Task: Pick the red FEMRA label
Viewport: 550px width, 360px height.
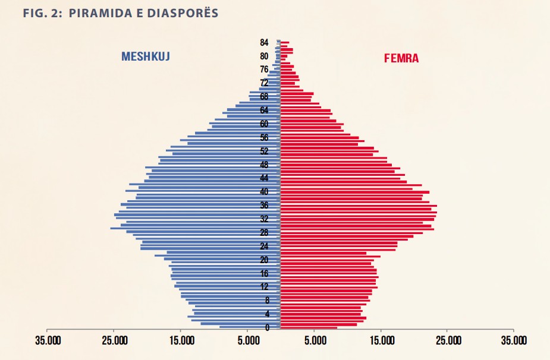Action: coord(401,59)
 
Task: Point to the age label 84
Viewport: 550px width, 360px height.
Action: coord(264,43)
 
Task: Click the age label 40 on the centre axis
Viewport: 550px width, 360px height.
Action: coord(264,192)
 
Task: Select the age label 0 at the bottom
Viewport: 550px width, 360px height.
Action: coord(267,328)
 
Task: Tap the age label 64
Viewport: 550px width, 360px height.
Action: coord(264,110)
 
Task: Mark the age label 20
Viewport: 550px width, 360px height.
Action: coord(264,260)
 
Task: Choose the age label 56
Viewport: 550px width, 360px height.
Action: coord(264,137)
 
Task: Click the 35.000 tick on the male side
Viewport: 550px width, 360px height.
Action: coord(48,340)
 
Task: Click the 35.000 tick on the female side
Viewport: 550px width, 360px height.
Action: coord(513,340)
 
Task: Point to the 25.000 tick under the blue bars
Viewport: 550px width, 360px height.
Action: coord(115,340)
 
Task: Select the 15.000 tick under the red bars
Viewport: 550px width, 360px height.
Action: coord(382,340)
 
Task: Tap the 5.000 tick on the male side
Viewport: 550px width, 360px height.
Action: coord(249,340)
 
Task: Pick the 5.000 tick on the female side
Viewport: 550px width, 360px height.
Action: coord(315,340)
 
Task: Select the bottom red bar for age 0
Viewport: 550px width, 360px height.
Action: coord(308,327)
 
